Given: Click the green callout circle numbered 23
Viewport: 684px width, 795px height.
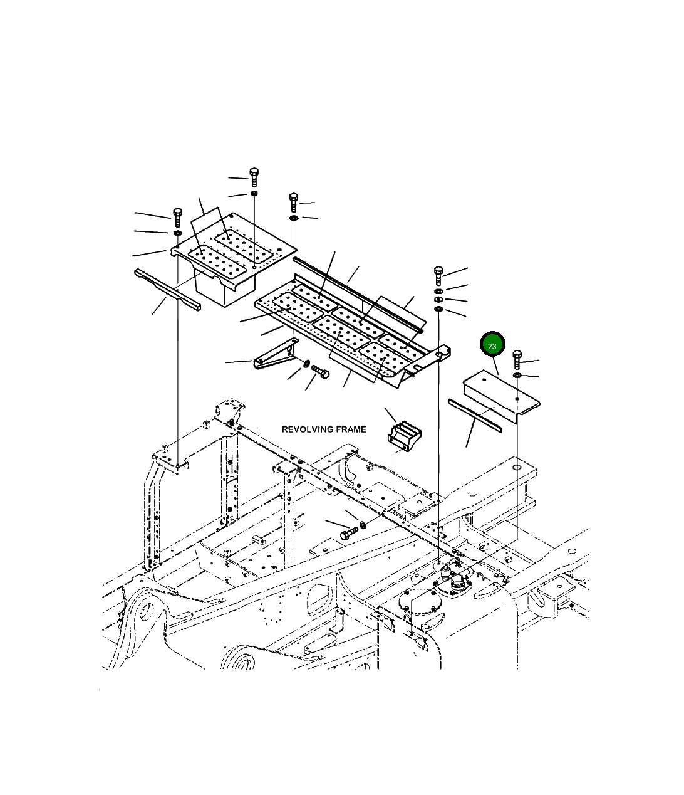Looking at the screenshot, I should point(492,345).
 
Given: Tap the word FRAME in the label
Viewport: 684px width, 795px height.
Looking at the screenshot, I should point(350,429).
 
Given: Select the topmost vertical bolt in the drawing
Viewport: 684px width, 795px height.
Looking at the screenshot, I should point(254,177).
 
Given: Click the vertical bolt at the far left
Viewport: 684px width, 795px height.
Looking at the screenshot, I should point(177,217).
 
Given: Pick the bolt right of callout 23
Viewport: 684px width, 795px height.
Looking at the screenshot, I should point(517,360).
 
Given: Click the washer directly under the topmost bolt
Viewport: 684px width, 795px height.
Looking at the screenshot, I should point(254,194).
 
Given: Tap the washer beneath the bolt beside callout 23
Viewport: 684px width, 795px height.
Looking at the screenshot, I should point(517,376).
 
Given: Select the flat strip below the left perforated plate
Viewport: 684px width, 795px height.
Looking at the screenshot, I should point(167,289).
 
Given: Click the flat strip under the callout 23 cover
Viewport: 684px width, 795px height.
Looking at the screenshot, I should point(474,414).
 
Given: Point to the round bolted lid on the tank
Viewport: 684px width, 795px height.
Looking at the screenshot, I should point(420,609).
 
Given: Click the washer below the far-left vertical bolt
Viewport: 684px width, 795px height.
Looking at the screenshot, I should point(177,233).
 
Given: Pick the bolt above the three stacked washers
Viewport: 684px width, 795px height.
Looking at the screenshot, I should point(438,275).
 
